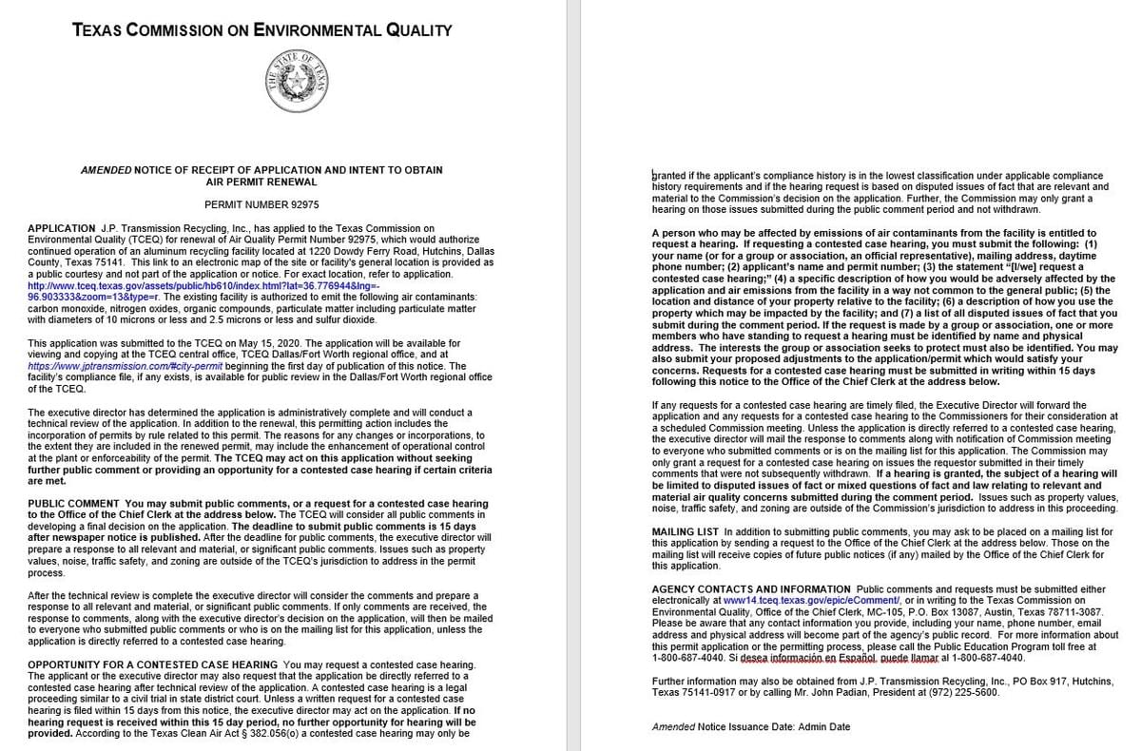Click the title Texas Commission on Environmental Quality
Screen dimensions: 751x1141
261,29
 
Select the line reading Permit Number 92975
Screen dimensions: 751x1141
261,204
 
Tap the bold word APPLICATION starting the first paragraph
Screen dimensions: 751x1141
62,228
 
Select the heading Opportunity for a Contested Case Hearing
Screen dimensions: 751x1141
153,664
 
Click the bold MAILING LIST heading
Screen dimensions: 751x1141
686,531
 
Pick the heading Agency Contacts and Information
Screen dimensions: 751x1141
751,589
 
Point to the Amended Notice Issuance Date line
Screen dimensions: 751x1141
750,727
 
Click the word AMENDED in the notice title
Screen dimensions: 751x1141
106,170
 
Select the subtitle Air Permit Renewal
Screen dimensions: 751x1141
261,182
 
